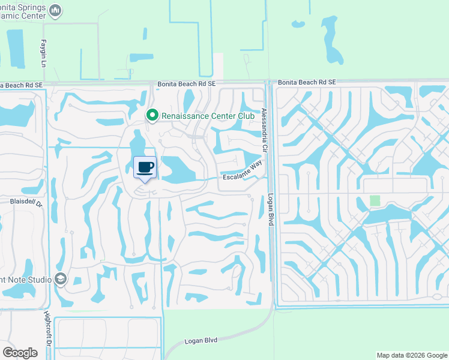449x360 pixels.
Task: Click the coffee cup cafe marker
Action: coord(145,167)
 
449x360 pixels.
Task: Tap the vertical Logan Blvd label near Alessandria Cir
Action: coord(271,208)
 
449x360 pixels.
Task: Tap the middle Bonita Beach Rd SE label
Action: coord(187,85)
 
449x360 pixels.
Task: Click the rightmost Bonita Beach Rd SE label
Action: coord(307,82)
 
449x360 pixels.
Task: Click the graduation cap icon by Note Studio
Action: coord(60,278)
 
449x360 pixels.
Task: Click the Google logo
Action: coord(20,353)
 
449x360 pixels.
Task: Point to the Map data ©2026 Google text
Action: coord(411,355)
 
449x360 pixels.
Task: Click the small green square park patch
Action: coord(375,200)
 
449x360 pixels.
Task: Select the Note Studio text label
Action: coord(26,279)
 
